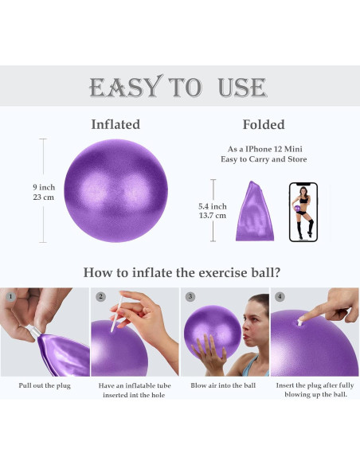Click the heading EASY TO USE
point(179,86)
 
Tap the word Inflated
point(115,124)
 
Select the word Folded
point(263,125)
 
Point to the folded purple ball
point(255,212)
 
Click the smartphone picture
point(303,212)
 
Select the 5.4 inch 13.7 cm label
point(213,211)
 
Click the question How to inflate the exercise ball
point(181,272)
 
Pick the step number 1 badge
point(10,297)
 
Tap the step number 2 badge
point(100,297)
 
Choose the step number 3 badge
point(190,297)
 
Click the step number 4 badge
point(280,297)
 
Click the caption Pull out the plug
point(45,385)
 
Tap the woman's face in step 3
point(248,322)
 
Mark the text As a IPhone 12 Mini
point(263,149)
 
